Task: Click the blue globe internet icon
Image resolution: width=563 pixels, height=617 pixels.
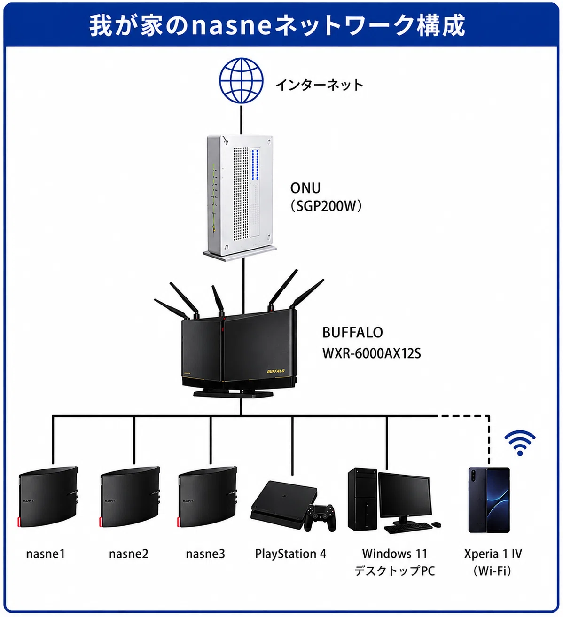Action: coord(241,80)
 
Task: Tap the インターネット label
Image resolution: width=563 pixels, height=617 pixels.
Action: coord(319,85)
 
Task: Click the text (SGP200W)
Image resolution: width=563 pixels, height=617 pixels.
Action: coord(326,206)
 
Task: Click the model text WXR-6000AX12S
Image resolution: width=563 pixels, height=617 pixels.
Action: coord(371,353)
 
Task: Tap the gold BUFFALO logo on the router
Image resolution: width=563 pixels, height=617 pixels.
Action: coord(276,371)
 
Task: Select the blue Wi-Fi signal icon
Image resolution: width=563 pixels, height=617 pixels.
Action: coord(520,443)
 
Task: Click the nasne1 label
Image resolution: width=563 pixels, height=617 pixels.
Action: coord(46,554)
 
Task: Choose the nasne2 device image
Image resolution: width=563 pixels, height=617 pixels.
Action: coord(130,497)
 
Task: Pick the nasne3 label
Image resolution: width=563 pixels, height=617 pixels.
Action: coord(205,554)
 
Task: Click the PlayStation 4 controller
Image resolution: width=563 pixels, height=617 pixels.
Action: coord(320,517)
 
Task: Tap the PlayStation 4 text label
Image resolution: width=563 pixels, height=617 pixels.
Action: coord(290,554)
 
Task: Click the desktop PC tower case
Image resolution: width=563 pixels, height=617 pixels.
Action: coord(362,500)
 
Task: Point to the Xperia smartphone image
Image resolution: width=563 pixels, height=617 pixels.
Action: coord(489,500)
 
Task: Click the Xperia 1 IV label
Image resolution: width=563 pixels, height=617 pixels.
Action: coord(493,554)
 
